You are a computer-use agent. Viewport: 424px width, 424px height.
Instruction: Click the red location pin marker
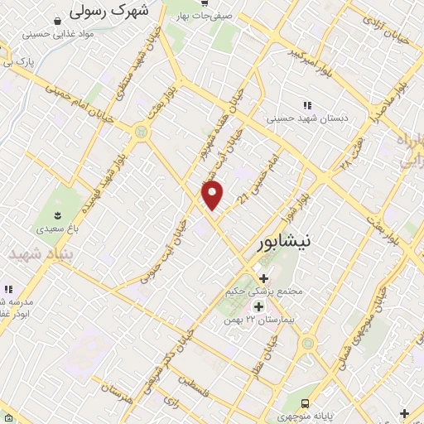point(213,195)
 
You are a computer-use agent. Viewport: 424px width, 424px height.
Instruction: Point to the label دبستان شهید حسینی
point(308,118)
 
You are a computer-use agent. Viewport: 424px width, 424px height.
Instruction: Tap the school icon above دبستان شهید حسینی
point(306,105)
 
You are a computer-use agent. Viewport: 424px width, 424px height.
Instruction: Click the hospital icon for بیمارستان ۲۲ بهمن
point(258,306)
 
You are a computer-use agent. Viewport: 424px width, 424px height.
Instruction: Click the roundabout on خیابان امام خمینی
point(142,131)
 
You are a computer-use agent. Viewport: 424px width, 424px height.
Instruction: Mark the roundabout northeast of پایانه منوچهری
point(308,343)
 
